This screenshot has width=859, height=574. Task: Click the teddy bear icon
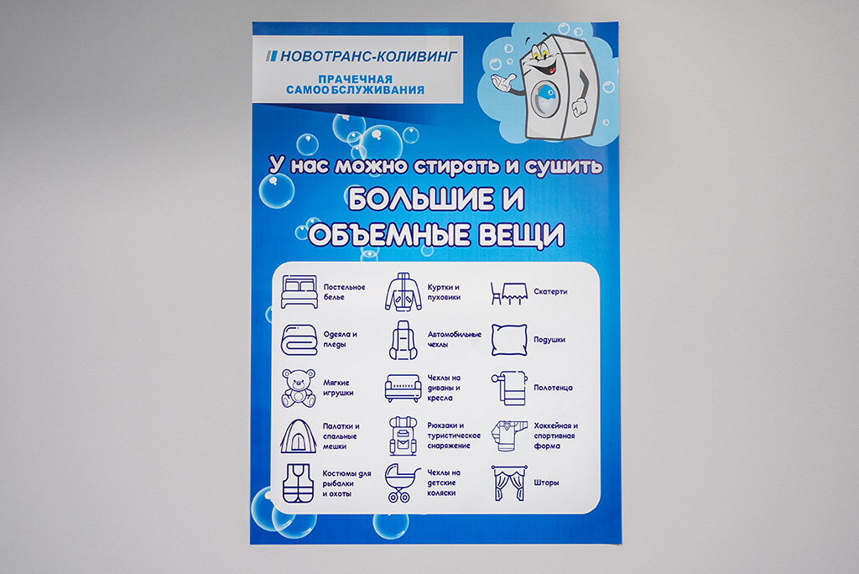click(x=299, y=389)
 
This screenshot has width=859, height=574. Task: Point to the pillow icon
click(x=509, y=340)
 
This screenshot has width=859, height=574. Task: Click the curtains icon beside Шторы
click(x=509, y=483)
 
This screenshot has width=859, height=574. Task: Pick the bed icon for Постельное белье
click(x=299, y=292)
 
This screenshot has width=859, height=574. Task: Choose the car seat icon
click(x=403, y=340)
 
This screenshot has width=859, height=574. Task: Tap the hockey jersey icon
click(x=509, y=436)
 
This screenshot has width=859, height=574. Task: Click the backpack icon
click(x=403, y=436)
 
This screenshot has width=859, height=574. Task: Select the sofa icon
click(x=403, y=389)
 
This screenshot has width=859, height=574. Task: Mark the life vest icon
click(x=299, y=483)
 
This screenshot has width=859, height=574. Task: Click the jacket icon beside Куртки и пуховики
click(x=403, y=292)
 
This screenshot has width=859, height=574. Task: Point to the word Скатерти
click(x=550, y=292)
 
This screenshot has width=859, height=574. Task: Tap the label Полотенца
click(x=554, y=388)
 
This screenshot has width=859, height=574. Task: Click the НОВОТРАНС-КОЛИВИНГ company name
click(x=368, y=56)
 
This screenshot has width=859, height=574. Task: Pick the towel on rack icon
click(x=509, y=389)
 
